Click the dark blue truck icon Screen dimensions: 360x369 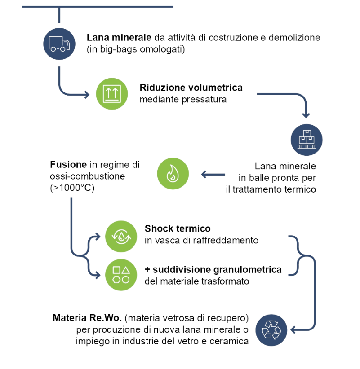click(59, 44)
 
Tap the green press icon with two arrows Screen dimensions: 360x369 click(112, 94)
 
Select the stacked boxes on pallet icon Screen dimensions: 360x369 click(307, 140)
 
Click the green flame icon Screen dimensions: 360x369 click(173, 174)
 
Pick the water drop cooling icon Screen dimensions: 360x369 click(121, 237)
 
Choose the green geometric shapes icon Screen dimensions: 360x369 click(121, 275)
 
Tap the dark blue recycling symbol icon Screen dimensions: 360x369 click(271, 330)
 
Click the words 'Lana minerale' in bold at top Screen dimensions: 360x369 click(119, 37)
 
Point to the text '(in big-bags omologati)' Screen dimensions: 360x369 click(136, 49)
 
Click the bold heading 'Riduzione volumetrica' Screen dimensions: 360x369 click(191, 88)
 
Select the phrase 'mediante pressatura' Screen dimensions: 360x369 click(183, 99)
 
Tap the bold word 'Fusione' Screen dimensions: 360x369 click(68, 164)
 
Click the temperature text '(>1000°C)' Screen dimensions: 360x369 click(72, 188)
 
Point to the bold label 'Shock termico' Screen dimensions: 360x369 click(178, 228)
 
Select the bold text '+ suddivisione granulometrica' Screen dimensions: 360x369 click(213, 270)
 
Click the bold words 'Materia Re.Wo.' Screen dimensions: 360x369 click(87, 318)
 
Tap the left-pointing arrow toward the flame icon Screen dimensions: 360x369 click(213, 175)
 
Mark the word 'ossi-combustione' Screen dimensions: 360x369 click(87, 176)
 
